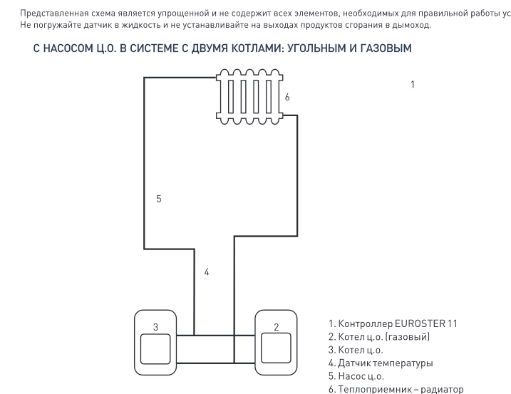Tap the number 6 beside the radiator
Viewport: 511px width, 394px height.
pos(287,95)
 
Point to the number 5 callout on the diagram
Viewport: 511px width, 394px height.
pos(159,199)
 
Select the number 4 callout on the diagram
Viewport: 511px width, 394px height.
pos(207,272)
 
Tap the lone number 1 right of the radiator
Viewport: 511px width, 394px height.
pos(413,85)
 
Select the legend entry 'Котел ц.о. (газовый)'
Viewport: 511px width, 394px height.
pos(379,336)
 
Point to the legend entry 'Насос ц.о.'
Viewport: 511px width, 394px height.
pos(356,375)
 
